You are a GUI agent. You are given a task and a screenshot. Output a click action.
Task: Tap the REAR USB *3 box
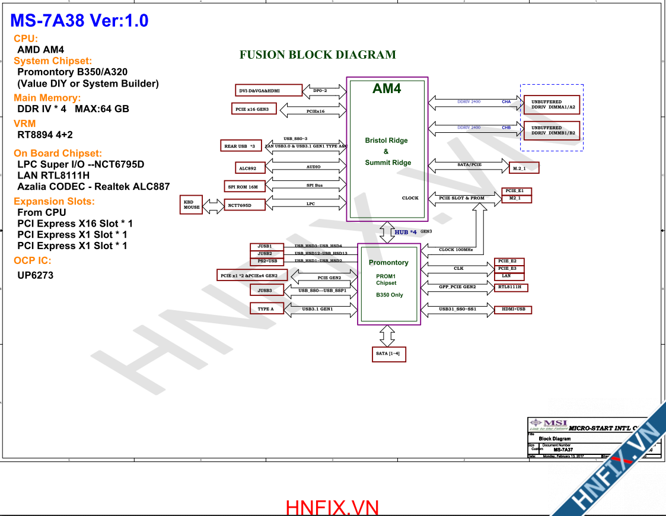coord(240,146)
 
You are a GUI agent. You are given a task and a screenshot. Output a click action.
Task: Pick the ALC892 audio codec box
coord(248,168)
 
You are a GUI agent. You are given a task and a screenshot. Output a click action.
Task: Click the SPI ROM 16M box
coord(243,187)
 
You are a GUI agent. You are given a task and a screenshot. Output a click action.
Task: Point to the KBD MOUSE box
coord(192,205)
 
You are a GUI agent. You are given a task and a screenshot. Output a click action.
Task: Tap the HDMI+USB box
coord(513,310)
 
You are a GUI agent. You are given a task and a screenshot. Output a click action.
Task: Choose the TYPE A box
coord(266,309)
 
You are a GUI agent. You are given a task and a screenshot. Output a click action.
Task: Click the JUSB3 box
coord(265,291)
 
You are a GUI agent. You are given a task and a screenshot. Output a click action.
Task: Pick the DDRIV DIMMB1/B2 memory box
coord(553,130)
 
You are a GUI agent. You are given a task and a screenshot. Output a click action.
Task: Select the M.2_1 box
coord(524,168)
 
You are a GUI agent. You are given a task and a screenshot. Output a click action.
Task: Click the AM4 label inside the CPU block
coord(387,89)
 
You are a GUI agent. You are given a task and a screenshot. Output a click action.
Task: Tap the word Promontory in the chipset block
coord(388,263)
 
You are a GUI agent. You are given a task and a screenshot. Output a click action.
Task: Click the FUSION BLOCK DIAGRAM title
coord(318,55)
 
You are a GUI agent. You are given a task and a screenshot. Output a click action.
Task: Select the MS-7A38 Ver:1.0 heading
coord(79,21)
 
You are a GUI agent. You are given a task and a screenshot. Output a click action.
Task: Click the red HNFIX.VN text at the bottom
coord(332,508)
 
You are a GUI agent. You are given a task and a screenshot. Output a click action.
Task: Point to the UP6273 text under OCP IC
coord(36,275)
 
